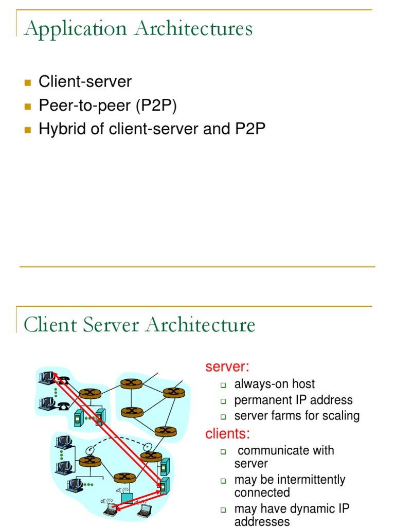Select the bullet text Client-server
coord(85,81)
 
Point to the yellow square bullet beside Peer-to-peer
coord(28,106)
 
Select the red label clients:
coord(228,433)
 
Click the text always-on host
coord(275,384)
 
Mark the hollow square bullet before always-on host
coord(224,385)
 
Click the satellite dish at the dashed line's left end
coord(91,449)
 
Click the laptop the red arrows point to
coord(110,509)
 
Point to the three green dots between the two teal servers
coord(89,418)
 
